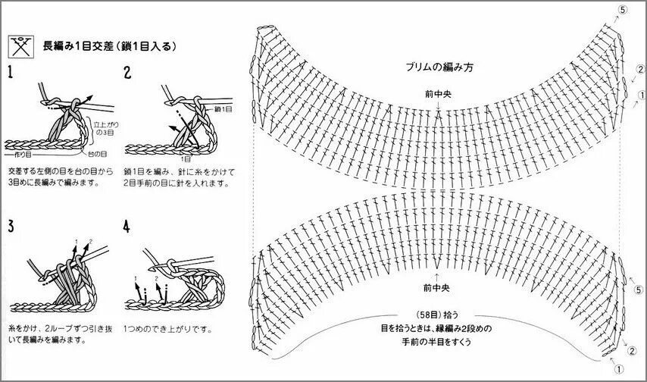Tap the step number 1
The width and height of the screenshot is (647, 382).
pos(10,73)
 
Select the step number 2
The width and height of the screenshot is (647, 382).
pos(127,73)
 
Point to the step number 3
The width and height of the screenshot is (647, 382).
pos(11,227)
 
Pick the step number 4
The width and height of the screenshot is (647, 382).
pos(127,227)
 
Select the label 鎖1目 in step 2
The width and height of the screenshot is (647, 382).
pos(223,109)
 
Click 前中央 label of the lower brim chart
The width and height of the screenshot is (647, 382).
pos(439,289)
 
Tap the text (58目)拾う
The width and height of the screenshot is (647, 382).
pos(437,314)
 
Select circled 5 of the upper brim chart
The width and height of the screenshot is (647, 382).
pos(622,9)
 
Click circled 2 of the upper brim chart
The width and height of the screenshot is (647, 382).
pos(640,70)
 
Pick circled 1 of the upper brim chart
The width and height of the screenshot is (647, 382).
pos(642,95)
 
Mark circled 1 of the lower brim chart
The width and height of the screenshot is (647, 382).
pos(619,370)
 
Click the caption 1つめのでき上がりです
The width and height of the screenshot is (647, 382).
pos(169,330)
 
